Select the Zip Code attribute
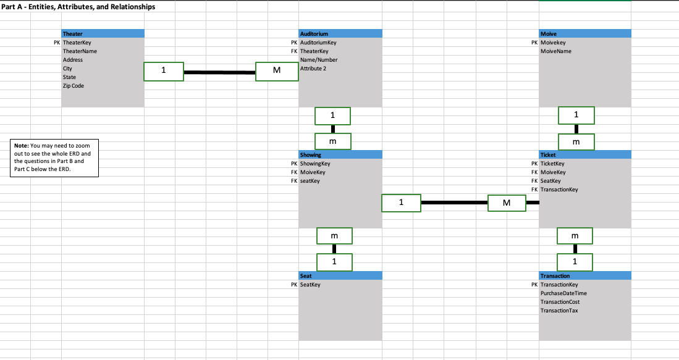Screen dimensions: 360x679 pyautogui.click(x=74, y=86)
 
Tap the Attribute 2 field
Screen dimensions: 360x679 pyautogui.click(x=313, y=68)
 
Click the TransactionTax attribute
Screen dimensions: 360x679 pyautogui.click(x=559, y=310)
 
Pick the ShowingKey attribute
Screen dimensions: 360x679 pyautogui.click(x=315, y=164)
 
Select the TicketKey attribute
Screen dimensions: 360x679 pyautogui.click(x=552, y=164)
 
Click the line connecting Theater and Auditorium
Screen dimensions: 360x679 pyautogui.click(x=219, y=72)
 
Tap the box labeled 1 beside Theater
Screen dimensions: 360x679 pyautogui.click(x=163, y=72)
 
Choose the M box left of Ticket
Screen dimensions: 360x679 pyautogui.click(x=507, y=203)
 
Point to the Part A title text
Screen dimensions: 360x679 pyautogui.click(x=78, y=7)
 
